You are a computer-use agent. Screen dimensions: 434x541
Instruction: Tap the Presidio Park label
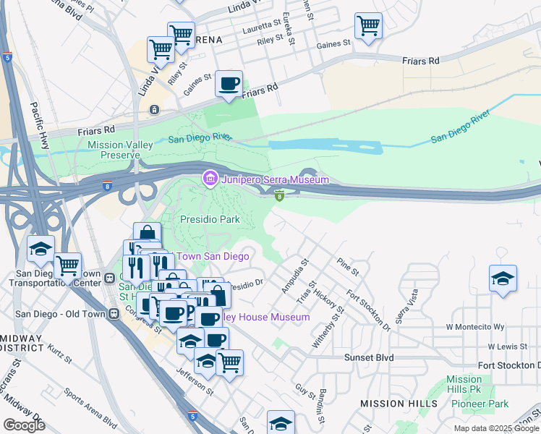(209, 219)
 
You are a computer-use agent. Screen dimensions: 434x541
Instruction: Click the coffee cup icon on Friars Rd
(229, 84)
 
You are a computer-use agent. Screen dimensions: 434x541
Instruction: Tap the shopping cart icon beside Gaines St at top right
(369, 27)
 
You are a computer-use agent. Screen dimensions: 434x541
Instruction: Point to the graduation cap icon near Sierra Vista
(503, 278)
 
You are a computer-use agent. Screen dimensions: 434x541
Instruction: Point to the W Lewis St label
(509, 346)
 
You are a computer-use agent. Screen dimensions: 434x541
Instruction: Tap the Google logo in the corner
(24, 425)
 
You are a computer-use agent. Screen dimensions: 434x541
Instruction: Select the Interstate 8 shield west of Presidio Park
(107, 185)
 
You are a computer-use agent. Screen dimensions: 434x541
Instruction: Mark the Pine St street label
(348, 265)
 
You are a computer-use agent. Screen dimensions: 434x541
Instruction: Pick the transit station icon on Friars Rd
(153, 109)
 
